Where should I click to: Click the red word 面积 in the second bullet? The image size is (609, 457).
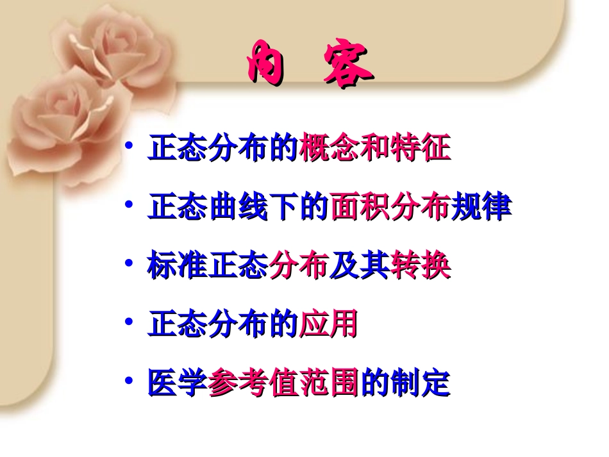coord(360,208)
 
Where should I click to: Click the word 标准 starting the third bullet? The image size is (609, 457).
coord(178,267)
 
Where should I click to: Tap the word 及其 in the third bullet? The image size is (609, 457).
coord(360,267)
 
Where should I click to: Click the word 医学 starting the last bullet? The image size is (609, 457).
coord(178,385)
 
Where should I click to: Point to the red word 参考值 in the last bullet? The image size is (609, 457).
coord(254,385)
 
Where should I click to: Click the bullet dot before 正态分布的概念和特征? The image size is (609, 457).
coord(130,147)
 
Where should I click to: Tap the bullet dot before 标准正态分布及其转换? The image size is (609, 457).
coord(130,264)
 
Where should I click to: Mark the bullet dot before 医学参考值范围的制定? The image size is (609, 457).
coord(130,382)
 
